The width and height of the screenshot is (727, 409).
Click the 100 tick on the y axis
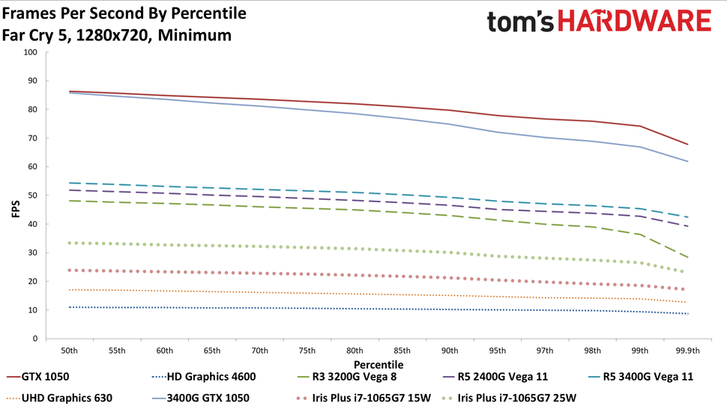click(29, 52)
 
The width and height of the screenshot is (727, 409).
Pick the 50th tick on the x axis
click(70, 351)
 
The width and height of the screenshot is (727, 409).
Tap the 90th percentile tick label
click(450, 351)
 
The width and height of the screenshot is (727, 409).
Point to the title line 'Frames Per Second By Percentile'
click(124, 13)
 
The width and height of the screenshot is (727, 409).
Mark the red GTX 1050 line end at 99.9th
click(687, 145)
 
